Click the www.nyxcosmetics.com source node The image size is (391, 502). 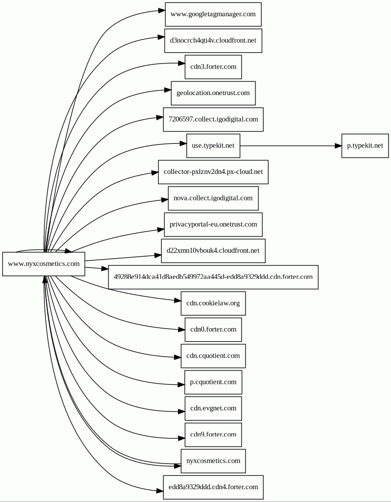click(x=43, y=264)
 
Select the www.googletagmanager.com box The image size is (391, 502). click(x=213, y=14)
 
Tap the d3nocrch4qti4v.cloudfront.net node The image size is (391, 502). click(x=213, y=40)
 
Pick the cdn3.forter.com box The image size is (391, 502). click(x=213, y=67)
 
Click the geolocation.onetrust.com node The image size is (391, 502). click(x=213, y=93)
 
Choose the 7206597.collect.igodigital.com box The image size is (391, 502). click(x=213, y=119)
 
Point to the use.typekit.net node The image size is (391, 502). click(x=213, y=146)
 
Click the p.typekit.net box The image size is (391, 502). click(x=365, y=146)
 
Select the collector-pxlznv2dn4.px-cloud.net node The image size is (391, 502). click(x=213, y=172)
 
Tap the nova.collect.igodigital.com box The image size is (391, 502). click(x=213, y=198)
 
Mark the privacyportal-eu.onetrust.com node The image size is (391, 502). click(x=213, y=225)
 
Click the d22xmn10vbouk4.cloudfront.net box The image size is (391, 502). click(x=213, y=251)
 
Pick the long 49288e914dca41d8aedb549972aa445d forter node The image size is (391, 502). click(x=213, y=277)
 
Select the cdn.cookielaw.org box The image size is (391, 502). click(x=213, y=303)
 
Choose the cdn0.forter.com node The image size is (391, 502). click(x=213, y=330)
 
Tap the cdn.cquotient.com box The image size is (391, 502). click(x=213, y=356)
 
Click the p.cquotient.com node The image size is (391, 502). click(x=213, y=382)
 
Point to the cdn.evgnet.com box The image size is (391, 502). click(x=213, y=408)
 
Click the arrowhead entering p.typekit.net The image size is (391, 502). click(x=338, y=146)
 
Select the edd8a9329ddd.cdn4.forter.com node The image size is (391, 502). click(x=213, y=487)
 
